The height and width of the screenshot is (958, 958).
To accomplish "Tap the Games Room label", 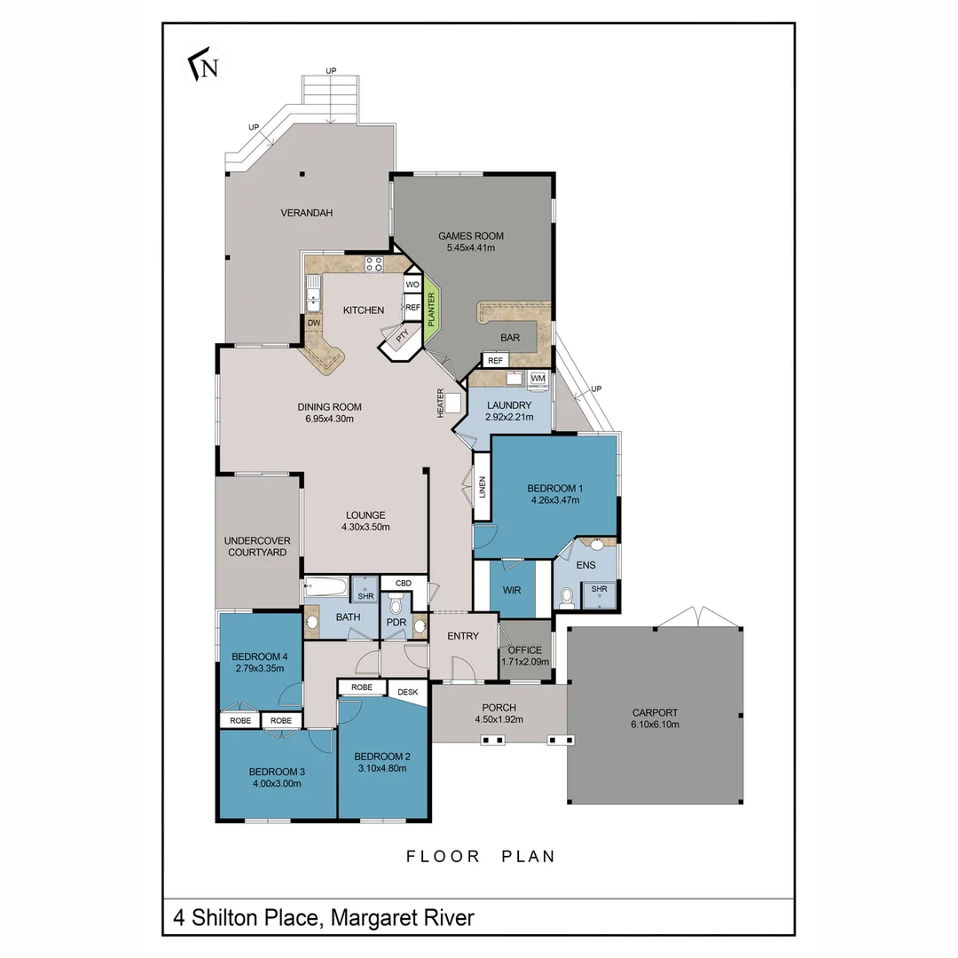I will click(x=471, y=236).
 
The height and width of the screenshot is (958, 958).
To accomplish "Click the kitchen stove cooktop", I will click(x=373, y=263).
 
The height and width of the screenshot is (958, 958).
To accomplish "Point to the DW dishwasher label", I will click(x=313, y=323).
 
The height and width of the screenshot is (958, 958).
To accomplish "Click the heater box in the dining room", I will click(x=454, y=403).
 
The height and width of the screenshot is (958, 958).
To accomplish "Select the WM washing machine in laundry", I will click(x=538, y=379).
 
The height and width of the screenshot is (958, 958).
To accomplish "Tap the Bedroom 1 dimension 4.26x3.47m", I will click(x=554, y=500).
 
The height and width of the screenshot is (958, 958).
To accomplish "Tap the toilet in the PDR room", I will click(x=396, y=606).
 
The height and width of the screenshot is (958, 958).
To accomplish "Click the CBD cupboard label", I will click(x=403, y=583).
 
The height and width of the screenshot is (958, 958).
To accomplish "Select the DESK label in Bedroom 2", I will click(x=407, y=692).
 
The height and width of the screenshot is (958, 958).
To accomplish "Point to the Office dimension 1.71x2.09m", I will click(x=523, y=662).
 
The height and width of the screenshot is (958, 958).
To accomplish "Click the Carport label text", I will click(x=655, y=712).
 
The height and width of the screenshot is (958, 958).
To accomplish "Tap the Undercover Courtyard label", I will click(x=257, y=546).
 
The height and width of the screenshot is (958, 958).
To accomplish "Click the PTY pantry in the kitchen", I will click(x=402, y=338).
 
